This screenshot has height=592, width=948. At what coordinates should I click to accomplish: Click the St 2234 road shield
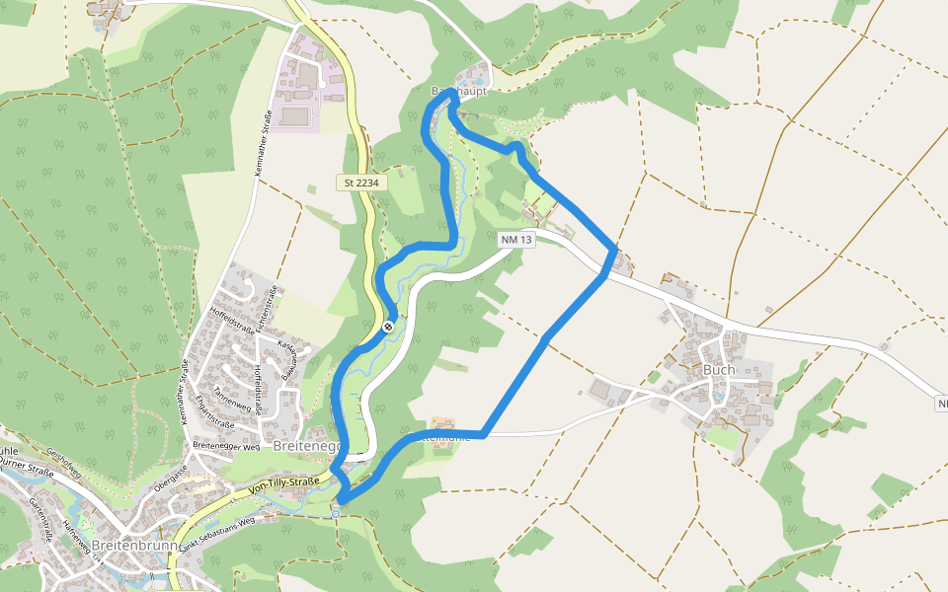coord(361,183)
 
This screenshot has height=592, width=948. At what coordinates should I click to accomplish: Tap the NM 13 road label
coord(516,240)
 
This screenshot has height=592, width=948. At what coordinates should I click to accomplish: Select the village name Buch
coord(719,369)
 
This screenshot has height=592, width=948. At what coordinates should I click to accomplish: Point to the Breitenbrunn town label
coord(131,545)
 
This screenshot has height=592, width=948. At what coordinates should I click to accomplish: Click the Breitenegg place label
coord(307,446)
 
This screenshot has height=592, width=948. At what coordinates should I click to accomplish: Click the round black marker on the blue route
coord(389,327)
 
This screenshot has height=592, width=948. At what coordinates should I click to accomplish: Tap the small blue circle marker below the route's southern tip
coord(336,513)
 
